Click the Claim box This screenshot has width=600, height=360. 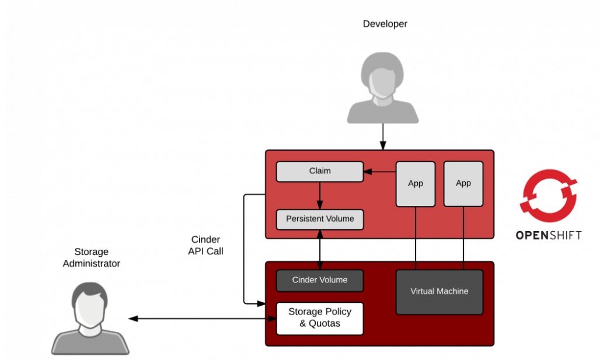coord(319,171)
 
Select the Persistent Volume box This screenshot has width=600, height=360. coord(319,219)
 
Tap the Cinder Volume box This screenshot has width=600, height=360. coord(319,280)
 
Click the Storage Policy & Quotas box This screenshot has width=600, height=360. coord(319,318)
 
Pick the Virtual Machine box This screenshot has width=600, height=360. coord(439,291)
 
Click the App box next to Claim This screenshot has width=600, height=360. coord(416,184)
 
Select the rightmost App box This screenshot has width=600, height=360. coord(463,184)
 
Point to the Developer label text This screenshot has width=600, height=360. coord(385,24)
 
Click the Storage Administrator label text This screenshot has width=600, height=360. coord(91,258)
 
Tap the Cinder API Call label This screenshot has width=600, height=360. coord(205,246)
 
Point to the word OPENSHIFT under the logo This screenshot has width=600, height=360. coord(548,236)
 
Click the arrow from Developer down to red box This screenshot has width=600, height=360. coord(383,137)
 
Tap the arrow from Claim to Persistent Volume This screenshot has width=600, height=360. coord(319,195)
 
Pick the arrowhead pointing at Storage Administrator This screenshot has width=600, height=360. coord(133,319)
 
